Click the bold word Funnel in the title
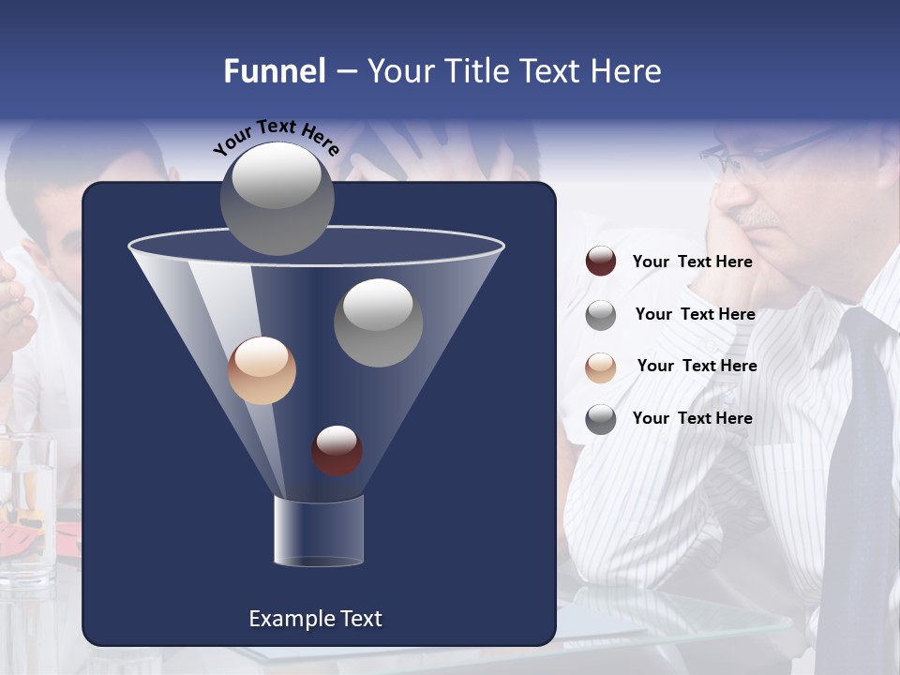(275, 71)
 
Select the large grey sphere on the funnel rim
(277, 198)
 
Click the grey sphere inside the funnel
(378, 322)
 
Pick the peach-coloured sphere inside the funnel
(262, 370)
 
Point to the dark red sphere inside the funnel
(337, 450)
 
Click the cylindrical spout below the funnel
(318, 531)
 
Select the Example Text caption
(315, 619)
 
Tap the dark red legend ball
(601, 262)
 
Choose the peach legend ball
(601, 367)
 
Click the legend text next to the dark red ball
(692, 262)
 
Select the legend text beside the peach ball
(697, 366)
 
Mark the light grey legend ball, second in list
(601, 315)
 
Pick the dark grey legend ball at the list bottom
(601, 419)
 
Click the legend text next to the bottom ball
(692, 418)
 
